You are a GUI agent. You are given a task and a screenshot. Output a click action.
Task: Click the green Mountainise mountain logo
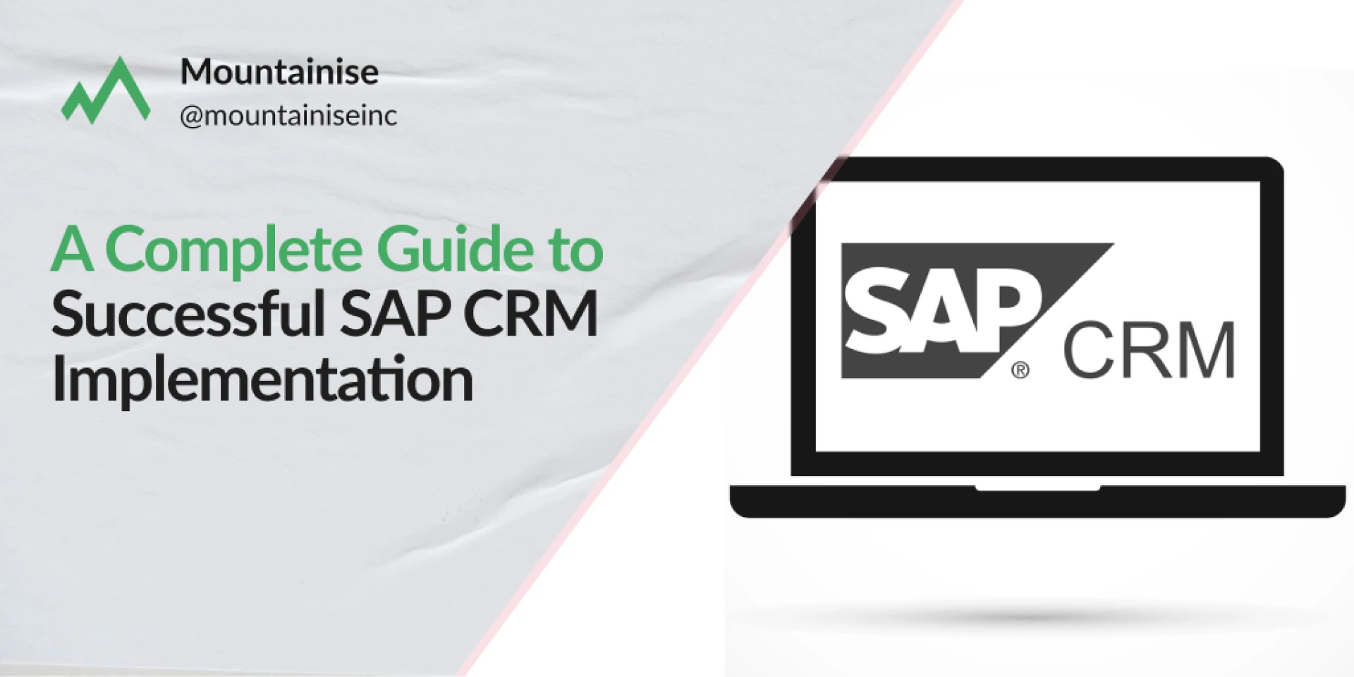point(106,90)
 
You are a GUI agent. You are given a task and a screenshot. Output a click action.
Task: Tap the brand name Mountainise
point(279,72)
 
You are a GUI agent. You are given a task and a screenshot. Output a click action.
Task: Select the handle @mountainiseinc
point(288,116)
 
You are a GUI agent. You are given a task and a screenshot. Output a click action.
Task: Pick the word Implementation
point(262,379)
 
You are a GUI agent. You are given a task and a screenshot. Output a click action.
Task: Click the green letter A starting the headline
point(72,249)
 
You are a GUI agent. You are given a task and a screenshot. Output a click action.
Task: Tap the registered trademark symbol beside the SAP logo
point(1020,370)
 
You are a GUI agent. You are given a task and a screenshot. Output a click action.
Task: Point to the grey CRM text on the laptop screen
point(1148,350)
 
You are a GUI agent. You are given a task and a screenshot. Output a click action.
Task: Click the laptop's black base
point(1037,501)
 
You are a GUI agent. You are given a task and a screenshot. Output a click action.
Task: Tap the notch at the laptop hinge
point(1037,488)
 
